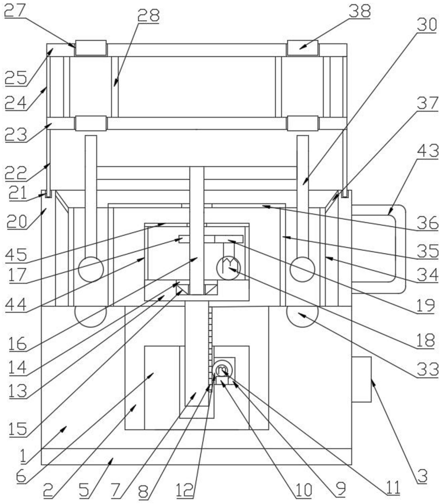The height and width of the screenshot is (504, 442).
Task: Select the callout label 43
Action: pos(427,152)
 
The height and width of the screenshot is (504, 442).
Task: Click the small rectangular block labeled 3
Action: pos(361,379)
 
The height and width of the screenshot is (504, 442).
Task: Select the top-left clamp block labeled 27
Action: pos(91,48)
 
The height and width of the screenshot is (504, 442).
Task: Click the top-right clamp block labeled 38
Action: pos(302,47)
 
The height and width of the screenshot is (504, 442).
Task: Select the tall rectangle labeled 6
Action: pos(161,388)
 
